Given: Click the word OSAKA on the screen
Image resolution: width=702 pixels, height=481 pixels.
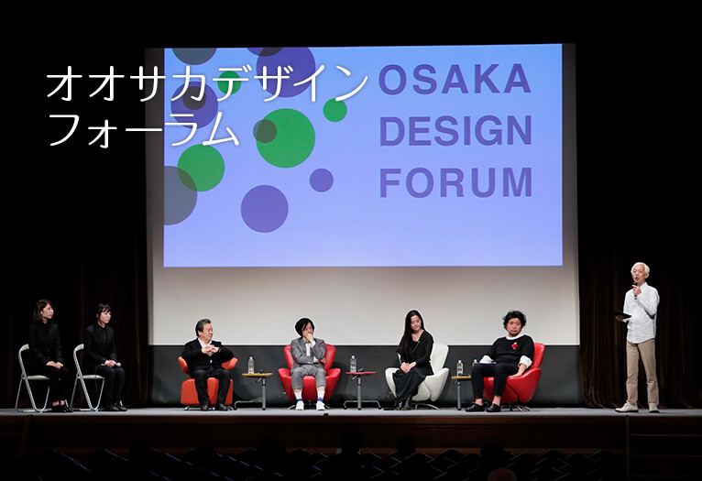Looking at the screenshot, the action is tap(455, 79).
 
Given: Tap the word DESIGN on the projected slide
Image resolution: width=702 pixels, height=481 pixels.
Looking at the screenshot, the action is tap(455, 131).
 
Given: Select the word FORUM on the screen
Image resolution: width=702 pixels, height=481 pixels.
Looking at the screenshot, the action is tap(456, 182).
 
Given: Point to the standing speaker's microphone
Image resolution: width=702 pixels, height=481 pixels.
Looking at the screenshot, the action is tap(634, 290).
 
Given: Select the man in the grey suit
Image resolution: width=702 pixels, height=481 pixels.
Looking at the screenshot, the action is tap(309, 364).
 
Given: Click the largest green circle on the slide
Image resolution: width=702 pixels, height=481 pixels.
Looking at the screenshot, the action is tap(285, 138).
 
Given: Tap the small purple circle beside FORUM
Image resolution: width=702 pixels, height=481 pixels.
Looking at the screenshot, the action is tap(321, 180).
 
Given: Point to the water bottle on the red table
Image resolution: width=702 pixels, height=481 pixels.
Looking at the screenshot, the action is tap(353, 364).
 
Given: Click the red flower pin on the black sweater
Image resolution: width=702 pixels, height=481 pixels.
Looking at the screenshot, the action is tap(514, 345).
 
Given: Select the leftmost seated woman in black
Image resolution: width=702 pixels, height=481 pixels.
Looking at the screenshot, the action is tap(46, 355).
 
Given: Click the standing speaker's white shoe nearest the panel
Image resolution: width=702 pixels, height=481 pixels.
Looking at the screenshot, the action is tap(626, 408).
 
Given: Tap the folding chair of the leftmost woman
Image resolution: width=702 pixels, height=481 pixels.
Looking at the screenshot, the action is tap(32, 378).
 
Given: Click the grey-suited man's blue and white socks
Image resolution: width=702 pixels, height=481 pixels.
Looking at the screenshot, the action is tap(310, 396).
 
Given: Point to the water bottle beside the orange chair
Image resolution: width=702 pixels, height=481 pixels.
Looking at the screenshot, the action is tap(251, 366).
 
